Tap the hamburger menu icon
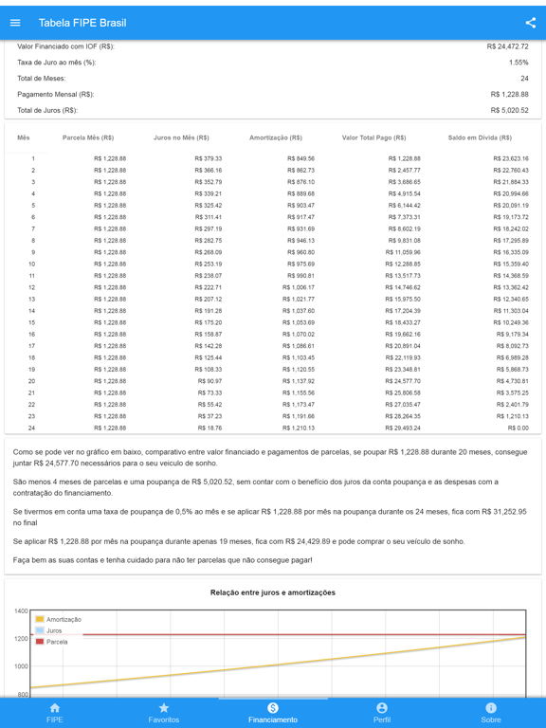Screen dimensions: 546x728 click(x=15, y=23)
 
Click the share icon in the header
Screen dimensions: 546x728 click(x=530, y=23)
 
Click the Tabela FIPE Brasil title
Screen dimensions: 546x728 click(x=82, y=23)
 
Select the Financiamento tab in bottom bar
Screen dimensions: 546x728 click(x=273, y=713)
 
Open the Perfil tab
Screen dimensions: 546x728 click(x=382, y=713)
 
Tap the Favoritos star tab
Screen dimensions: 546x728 click(x=164, y=713)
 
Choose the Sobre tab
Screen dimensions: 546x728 click(x=491, y=713)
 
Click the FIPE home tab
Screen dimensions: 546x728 click(x=55, y=713)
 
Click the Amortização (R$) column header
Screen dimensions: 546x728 click(x=276, y=137)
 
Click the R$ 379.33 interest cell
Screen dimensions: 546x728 click(x=209, y=159)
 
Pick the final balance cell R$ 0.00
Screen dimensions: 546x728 click(x=519, y=428)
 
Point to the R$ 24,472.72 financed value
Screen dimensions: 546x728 click(x=508, y=46)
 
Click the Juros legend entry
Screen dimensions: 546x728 click(x=53, y=630)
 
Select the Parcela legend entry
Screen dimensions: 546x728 click(x=56, y=642)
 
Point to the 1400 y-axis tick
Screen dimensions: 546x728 click(x=21, y=611)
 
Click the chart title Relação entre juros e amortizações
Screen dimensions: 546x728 click(x=273, y=592)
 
